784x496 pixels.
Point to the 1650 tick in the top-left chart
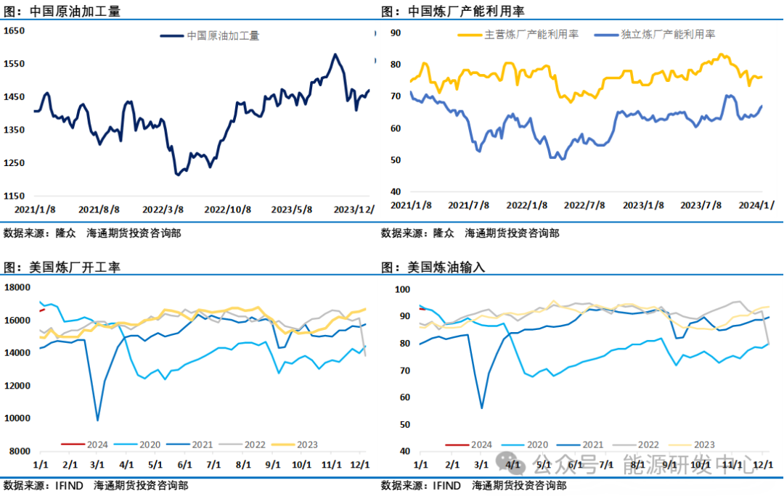pyautogui.click(x=15, y=31)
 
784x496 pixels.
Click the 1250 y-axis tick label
pyautogui.click(x=15, y=163)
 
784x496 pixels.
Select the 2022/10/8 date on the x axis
pyautogui.click(x=227, y=209)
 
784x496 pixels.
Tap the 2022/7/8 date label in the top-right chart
pyautogui.click(x=584, y=205)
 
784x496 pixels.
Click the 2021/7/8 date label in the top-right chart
pyautogui.click(x=468, y=205)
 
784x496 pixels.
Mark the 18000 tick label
pyautogui.click(x=17, y=288)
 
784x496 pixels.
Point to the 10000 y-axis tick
pyautogui.click(x=17, y=418)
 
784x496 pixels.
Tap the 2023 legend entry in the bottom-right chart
pyautogui.click(x=703, y=445)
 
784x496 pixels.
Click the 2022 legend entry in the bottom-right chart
pyautogui.click(x=645, y=445)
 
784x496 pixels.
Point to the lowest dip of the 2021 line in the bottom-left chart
pyautogui.click(x=97, y=420)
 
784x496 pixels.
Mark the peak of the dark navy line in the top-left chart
pyautogui.click(x=335, y=54)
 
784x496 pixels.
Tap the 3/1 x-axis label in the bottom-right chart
pyautogui.click(x=481, y=463)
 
